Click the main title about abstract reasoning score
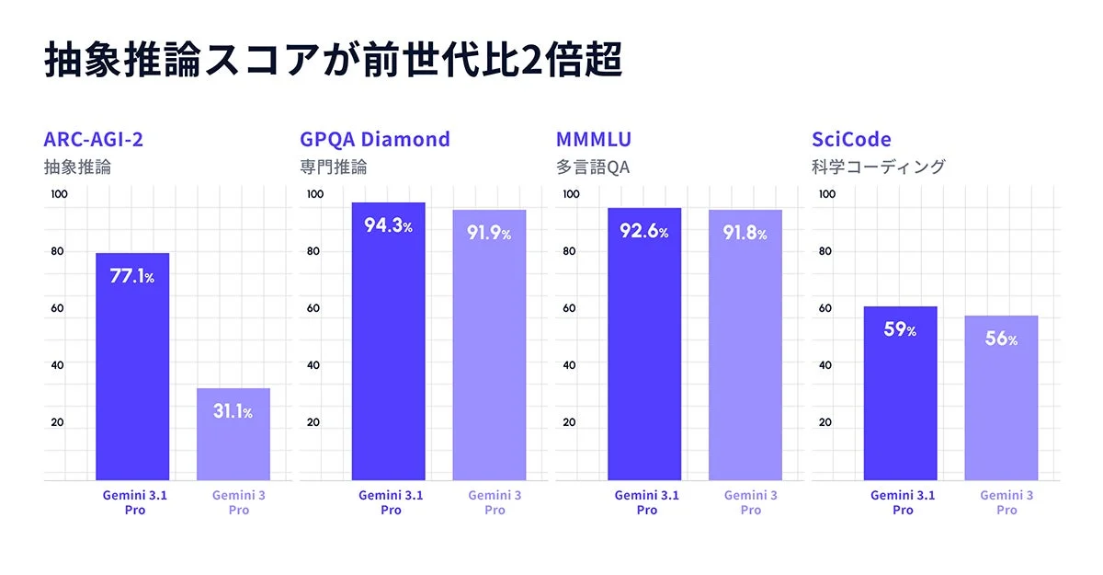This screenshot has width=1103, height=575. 333,60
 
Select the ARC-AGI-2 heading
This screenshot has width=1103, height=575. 93,140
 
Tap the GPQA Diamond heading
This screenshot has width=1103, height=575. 375,140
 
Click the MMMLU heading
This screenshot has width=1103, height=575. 594,140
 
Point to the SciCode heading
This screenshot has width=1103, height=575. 851,140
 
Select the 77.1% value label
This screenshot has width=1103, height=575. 132,277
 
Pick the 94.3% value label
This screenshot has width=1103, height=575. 388,226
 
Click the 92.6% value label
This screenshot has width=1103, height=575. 643,232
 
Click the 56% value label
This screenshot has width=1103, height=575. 1001,339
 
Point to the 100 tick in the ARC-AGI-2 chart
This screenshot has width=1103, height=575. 59,194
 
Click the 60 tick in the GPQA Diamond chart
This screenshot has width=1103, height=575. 313,308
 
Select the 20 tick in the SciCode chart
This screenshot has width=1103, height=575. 825,423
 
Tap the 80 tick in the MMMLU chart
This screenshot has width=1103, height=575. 570,251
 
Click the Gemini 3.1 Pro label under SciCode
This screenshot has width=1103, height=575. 903,502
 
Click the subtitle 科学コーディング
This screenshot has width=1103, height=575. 878,167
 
